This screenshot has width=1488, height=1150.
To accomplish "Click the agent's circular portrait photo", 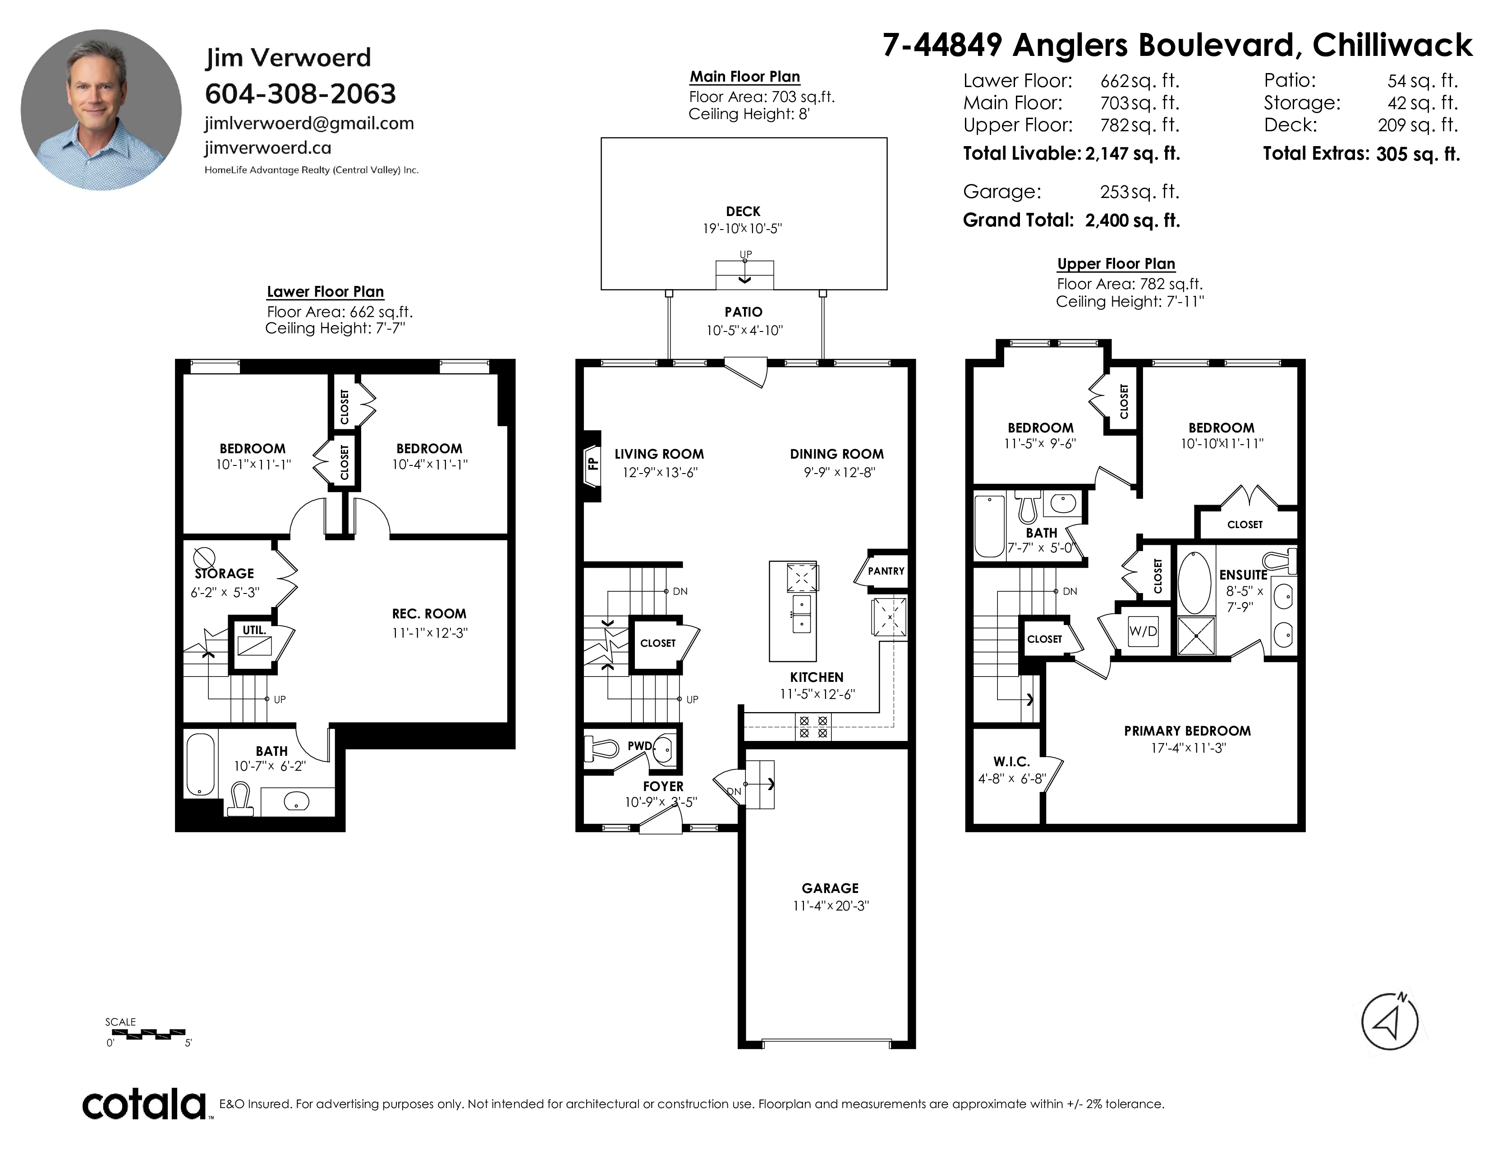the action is pyautogui.click(x=101, y=110).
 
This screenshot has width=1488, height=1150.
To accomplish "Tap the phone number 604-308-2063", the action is pyautogui.click(x=300, y=93).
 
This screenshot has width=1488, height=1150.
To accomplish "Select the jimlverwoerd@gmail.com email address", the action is pyautogui.click(x=309, y=123).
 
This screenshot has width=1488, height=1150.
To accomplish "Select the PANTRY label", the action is pyautogui.click(x=886, y=571).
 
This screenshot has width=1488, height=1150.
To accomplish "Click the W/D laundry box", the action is pyautogui.click(x=1143, y=631).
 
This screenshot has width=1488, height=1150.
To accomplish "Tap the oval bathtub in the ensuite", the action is pyautogui.click(x=1195, y=583).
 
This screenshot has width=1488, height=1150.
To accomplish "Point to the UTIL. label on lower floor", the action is pyautogui.click(x=254, y=630).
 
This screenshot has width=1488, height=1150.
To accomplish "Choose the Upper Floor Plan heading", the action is pyautogui.click(x=1116, y=264).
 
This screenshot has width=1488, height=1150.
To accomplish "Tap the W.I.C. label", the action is pyautogui.click(x=1011, y=762).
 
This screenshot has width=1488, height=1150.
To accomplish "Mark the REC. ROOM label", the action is pyautogui.click(x=429, y=613).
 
